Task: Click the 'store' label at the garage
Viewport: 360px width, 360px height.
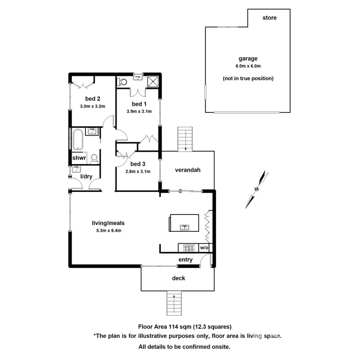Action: [x=269, y=18]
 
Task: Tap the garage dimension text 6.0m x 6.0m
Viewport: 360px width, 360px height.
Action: [x=248, y=66]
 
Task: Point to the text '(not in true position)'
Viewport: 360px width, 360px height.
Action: [x=248, y=78]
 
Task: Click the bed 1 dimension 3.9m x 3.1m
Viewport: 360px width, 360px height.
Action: [x=139, y=111]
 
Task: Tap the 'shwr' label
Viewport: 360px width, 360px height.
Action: [x=79, y=158]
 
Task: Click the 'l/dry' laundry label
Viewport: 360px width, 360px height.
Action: [x=86, y=177]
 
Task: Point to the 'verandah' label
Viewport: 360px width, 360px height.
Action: [x=187, y=170]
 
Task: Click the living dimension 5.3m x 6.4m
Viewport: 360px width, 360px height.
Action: [x=108, y=230]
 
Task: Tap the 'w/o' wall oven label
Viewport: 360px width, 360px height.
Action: [x=204, y=248]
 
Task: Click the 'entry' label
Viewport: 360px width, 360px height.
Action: [x=185, y=260]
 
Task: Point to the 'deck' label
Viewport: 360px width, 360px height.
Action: [x=178, y=278]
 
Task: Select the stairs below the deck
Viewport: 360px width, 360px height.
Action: [x=174, y=302]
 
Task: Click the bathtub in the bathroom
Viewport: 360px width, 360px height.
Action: [x=77, y=139]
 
